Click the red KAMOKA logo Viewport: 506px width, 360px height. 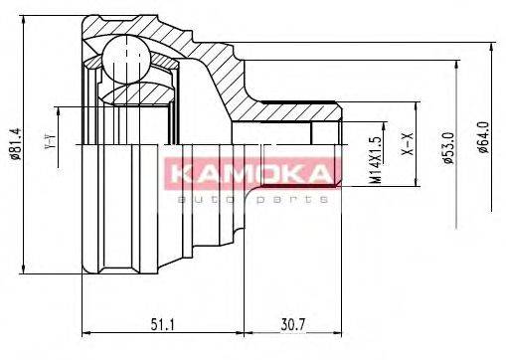tap(252, 176)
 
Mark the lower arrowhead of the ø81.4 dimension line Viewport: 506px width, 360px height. tap(23, 273)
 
